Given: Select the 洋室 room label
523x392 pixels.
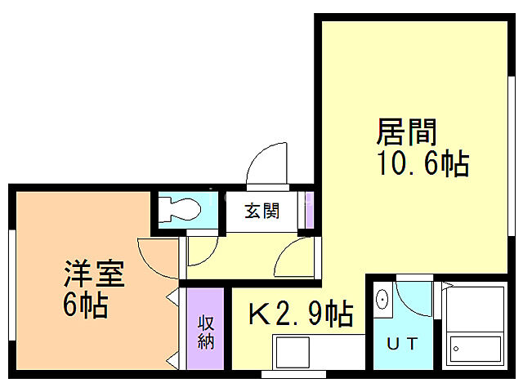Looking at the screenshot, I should click(x=95, y=274).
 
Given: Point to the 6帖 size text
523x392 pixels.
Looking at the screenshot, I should click(x=85, y=306).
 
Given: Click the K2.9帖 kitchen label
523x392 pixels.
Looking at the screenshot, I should click(x=301, y=312).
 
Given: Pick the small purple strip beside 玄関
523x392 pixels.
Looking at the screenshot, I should click(x=309, y=212).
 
